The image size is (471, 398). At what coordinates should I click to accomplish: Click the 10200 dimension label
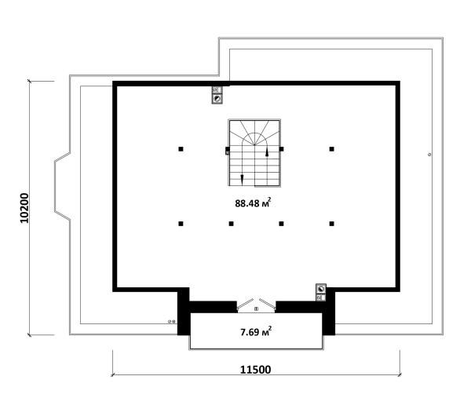tap(24, 208)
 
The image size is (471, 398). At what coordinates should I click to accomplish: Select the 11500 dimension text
tap(255, 370)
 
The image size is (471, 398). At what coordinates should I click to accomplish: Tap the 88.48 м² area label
tap(253, 203)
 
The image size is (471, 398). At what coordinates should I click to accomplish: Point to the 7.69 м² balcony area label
tap(256, 331)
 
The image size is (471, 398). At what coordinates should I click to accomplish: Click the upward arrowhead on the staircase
tap(267, 152)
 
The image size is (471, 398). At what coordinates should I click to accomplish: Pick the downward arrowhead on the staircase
tap(242, 179)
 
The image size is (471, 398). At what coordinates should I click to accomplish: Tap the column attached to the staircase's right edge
tap(282, 148)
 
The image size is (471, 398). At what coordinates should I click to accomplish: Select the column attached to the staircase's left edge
tap(228, 151)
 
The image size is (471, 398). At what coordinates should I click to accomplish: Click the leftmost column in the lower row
tap(181, 224)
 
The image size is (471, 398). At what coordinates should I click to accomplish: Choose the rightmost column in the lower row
tap(331, 224)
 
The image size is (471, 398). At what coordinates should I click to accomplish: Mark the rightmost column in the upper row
tap(331, 148)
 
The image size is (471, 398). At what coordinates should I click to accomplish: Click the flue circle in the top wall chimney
tap(217, 99)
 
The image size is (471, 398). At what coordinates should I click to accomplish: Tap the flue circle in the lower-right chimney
tap(321, 289)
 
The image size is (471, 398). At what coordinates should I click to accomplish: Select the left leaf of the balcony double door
tap(245, 304)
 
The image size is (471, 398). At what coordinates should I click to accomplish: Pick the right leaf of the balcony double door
tap(268, 304)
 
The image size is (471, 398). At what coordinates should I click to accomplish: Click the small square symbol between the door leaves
tap(256, 309)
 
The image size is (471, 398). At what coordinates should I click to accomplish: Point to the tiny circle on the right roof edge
tap(429, 155)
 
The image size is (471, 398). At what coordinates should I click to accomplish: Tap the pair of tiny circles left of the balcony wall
tap(172, 321)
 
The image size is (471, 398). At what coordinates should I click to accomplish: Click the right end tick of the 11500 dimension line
tap(400, 374)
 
